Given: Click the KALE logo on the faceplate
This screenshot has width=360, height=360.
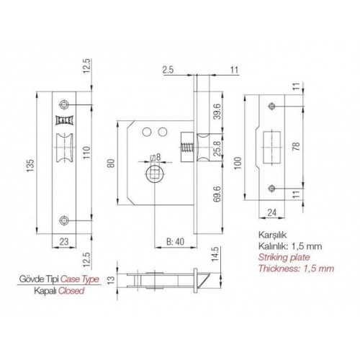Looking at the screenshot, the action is click(64, 120).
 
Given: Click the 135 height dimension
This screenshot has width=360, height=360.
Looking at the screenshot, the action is click(30, 166).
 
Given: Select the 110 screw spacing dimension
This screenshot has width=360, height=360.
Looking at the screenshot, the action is click(86, 152).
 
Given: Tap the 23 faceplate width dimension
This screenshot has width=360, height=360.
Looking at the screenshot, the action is click(64, 241).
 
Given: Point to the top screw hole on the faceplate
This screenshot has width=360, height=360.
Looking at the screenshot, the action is click(64, 104).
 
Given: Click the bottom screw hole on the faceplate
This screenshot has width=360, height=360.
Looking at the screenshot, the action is click(64, 220).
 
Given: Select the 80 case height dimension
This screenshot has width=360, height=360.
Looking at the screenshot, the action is click(112, 163).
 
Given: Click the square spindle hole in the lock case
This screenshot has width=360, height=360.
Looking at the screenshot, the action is click(155, 173).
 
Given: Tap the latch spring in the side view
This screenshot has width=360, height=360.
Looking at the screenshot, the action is click(188, 148).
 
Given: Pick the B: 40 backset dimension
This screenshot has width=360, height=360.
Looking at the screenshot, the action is click(175, 241).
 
